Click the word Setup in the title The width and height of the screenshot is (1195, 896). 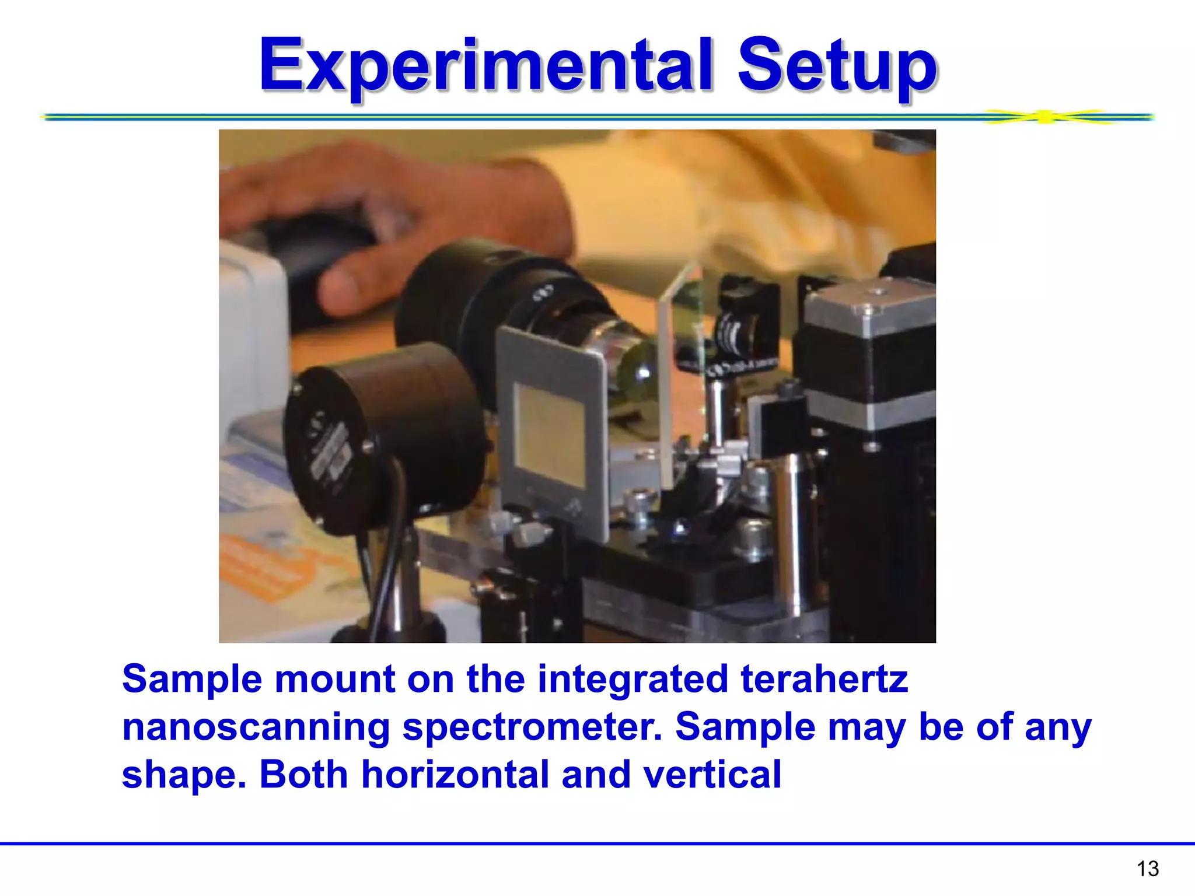(x=837, y=65)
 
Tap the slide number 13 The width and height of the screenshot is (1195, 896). (x=1147, y=869)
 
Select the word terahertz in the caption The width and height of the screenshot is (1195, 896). (x=824, y=680)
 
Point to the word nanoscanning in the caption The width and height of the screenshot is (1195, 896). (x=256, y=728)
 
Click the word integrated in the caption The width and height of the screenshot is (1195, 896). (x=633, y=680)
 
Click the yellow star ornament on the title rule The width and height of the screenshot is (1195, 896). (x=1046, y=117)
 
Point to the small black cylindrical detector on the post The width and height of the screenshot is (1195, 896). (x=385, y=437)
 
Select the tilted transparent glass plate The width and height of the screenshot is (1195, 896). (x=677, y=373)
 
